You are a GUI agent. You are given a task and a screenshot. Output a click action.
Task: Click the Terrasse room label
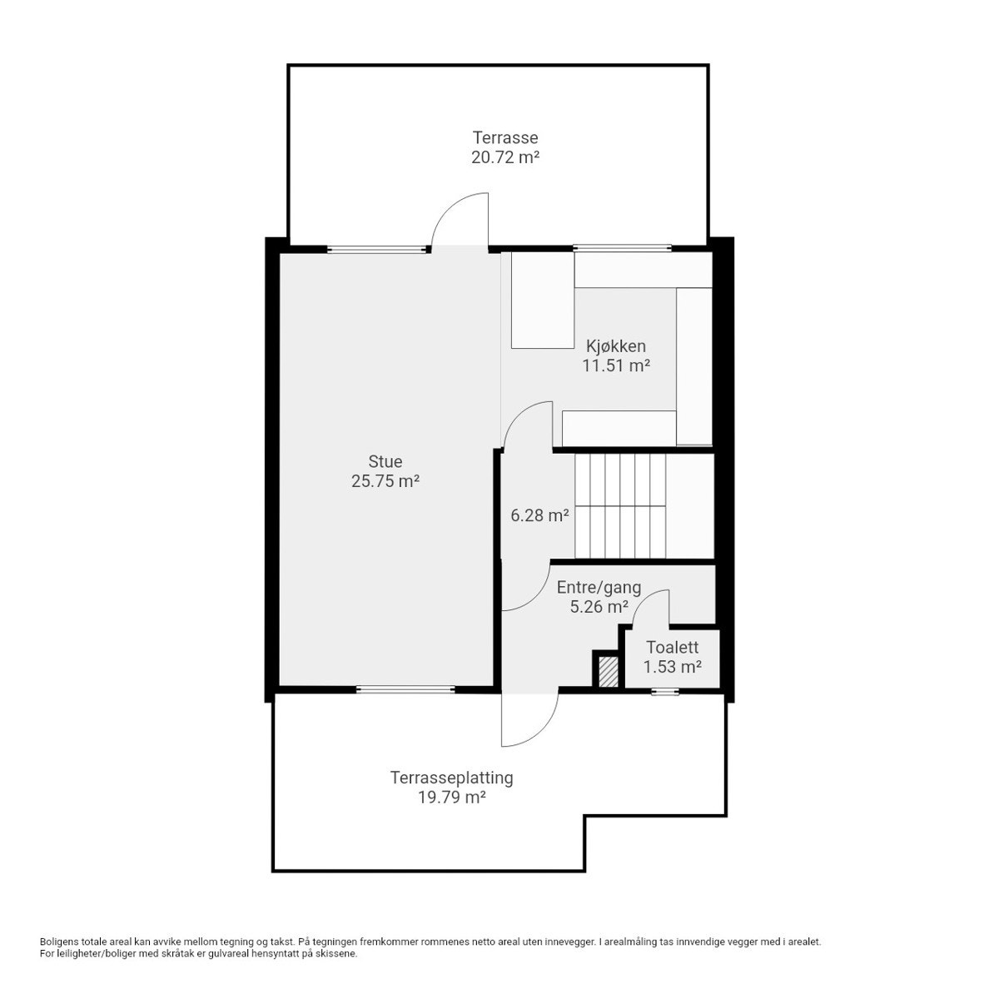505,137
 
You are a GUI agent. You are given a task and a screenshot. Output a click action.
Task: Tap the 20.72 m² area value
505,157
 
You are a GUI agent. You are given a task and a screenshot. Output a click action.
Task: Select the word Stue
385,461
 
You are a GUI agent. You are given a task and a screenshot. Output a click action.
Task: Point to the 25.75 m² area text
385,481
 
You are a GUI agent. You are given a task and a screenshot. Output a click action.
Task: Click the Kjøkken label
616,345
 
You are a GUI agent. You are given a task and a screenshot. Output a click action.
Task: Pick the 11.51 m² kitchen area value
616,365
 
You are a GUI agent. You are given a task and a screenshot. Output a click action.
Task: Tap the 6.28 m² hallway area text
539,515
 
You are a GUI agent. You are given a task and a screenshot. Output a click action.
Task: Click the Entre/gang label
599,588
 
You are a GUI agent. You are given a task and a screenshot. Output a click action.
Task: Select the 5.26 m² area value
599,607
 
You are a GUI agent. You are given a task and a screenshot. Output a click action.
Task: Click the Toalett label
672,647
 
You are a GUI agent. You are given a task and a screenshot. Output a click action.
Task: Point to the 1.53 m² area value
672,667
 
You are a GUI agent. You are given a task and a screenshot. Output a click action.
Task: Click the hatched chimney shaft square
608,672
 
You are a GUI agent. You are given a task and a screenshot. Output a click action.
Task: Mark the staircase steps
619,506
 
